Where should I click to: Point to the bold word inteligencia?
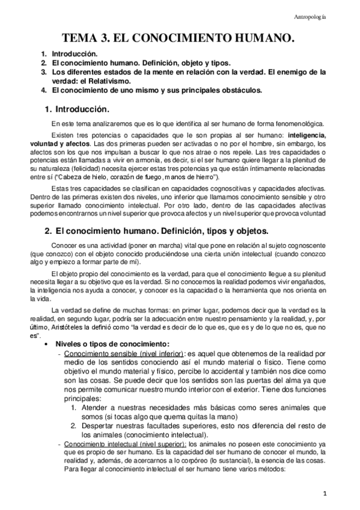[307, 135]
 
